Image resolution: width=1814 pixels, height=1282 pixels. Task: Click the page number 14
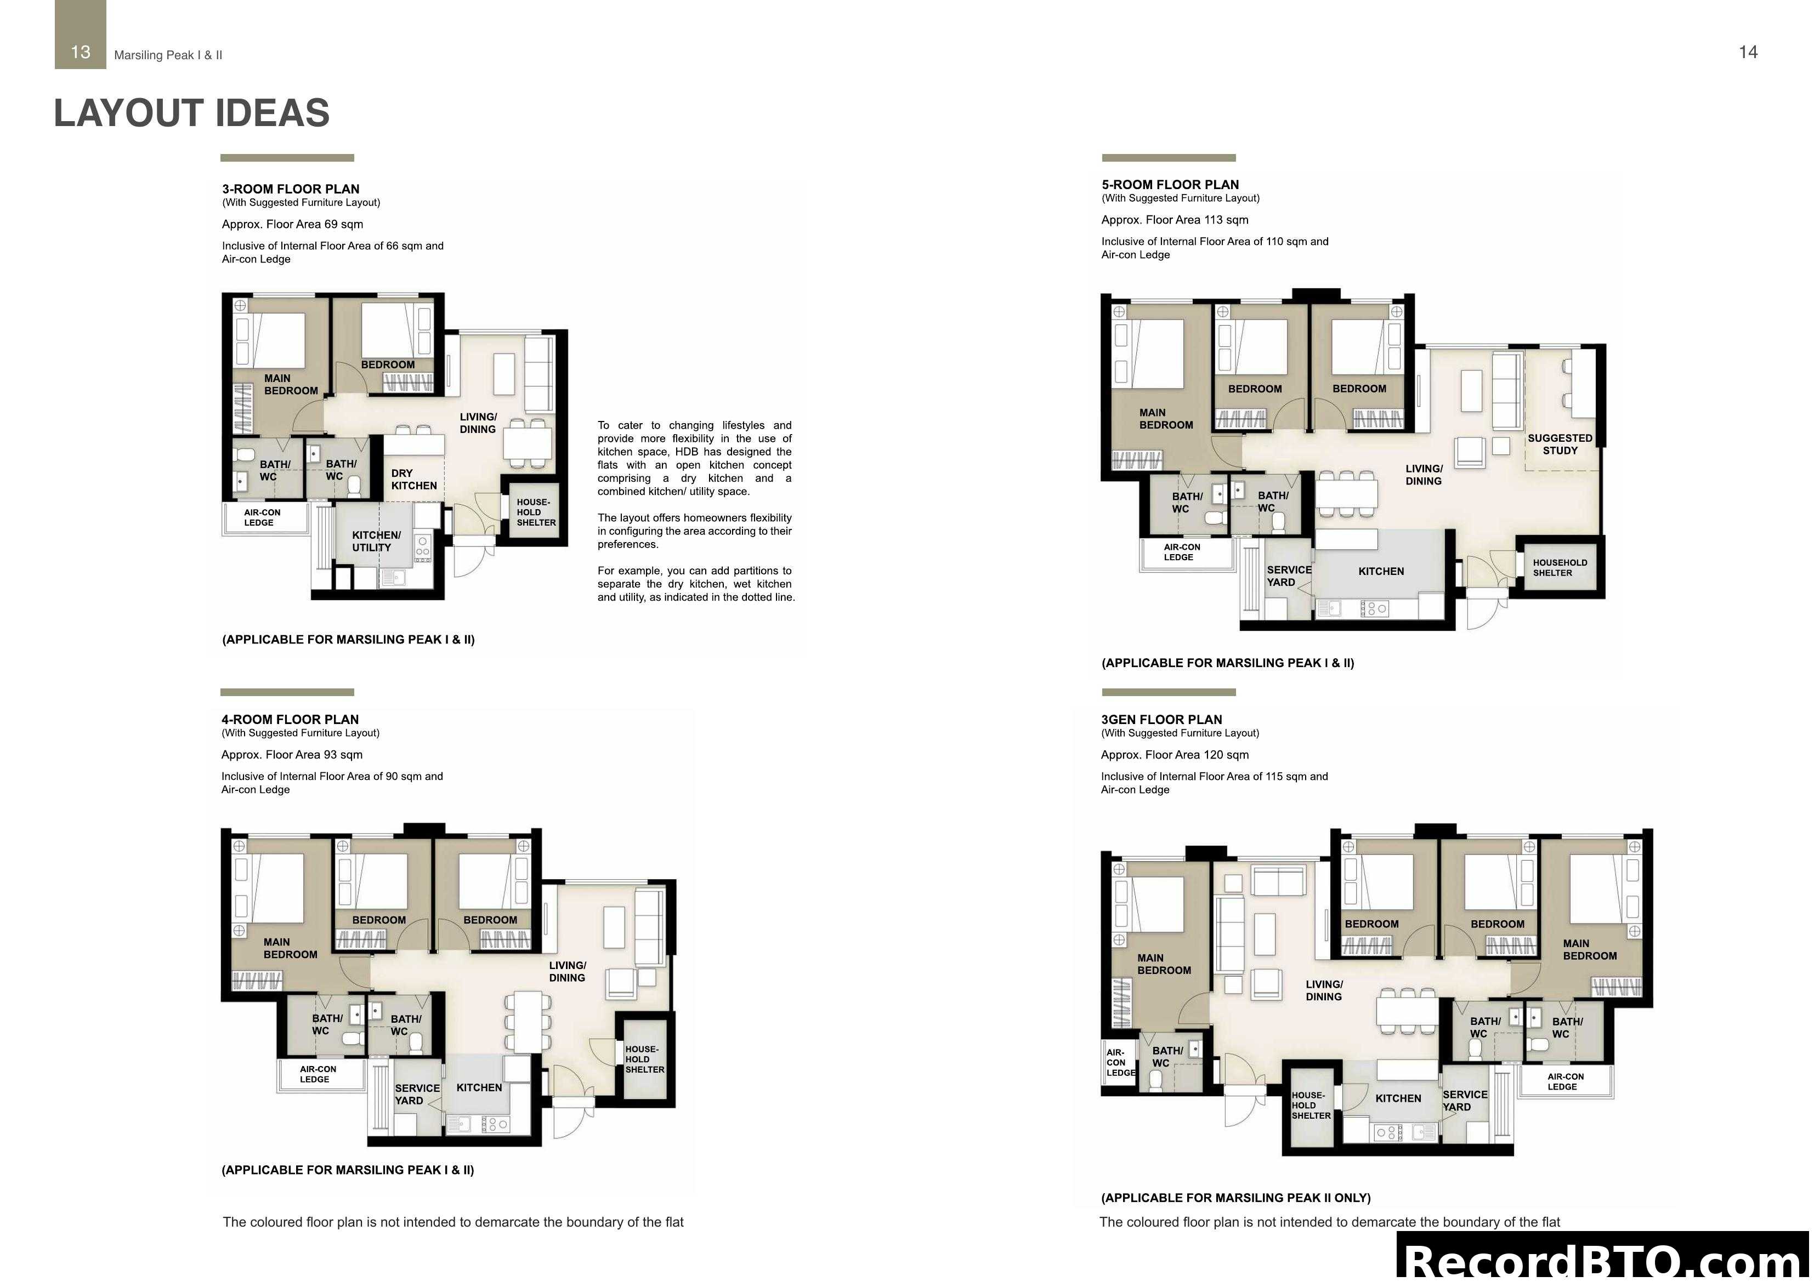1748,52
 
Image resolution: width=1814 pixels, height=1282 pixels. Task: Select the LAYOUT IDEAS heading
191,113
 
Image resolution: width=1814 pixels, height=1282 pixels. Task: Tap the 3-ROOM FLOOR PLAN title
290,189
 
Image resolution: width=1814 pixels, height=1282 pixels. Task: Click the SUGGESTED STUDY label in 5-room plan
1560,444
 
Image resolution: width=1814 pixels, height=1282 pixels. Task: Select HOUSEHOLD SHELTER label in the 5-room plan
1559,567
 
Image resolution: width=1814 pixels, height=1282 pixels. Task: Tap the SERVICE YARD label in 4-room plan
416,1094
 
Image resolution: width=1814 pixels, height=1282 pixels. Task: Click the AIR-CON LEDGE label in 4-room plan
317,1074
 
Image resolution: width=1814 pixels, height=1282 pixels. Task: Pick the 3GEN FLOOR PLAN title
1160,720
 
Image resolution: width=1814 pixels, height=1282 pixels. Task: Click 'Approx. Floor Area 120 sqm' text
1174,754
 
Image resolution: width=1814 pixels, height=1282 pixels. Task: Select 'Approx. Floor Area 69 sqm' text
292,224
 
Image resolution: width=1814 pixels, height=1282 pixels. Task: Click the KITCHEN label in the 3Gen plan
1398,1098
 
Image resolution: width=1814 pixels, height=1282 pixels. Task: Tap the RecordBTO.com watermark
1604,1260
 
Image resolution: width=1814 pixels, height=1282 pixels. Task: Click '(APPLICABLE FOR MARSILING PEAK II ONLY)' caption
1235,1198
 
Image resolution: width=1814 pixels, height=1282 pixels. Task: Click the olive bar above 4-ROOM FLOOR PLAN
287,692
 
